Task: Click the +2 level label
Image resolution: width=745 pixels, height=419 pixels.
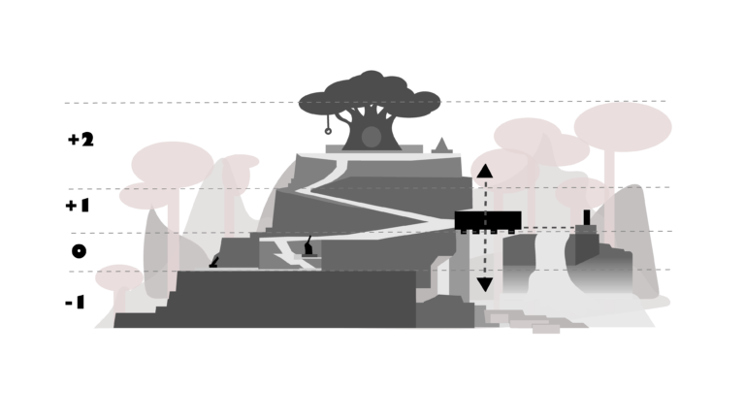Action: pyautogui.click(x=81, y=140)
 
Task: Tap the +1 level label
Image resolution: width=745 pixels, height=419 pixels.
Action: pyautogui.click(x=78, y=206)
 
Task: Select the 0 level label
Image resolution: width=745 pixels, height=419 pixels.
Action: pyautogui.click(x=79, y=251)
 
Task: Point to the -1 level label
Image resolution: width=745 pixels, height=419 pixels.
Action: pyautogui.click(x=75, y=303)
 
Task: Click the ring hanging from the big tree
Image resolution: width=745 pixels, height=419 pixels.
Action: pyautogui.click(x=328, y=131)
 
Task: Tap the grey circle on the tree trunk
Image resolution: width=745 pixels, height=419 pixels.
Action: pyautogui.click(x=372, y=137)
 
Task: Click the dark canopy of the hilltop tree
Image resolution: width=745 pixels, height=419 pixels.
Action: pyautogui.click(x=370, y=95)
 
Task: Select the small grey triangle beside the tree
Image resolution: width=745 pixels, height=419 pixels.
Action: pyautogui.click(x=442, y=145)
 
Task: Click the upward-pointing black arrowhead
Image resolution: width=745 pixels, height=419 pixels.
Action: pyautogui.click(x=485, y=171)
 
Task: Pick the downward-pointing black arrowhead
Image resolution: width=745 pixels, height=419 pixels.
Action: pyautogui.click(x=485, y=284)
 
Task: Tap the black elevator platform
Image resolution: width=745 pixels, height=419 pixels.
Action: pyautogui.click(x=488, y=221)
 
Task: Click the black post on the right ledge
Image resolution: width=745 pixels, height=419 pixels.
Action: pyautogui.click(x=587, y=217)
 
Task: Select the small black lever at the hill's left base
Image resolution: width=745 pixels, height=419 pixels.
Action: pyautogui.click(x=214, y=262)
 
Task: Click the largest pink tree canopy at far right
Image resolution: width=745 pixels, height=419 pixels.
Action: pyautogui.click(x=623, y=127)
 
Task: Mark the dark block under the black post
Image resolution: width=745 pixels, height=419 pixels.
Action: pyautogui.click(x=587, y=245)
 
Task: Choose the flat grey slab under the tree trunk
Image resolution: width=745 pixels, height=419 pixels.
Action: pyautogui.click(x=373, y=149)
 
